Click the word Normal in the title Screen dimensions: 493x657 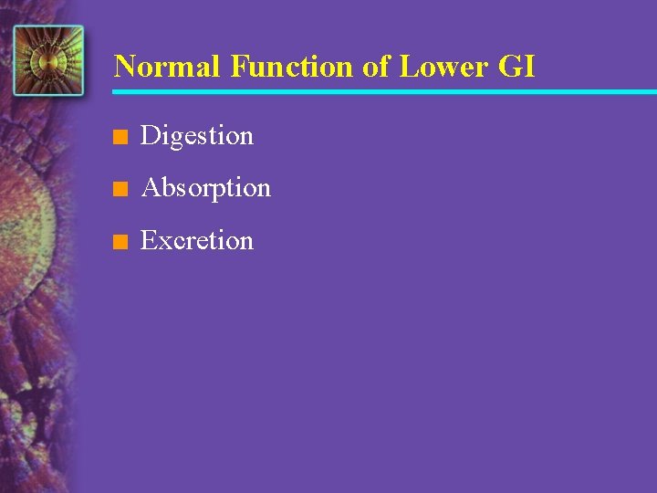[x=167, y=67]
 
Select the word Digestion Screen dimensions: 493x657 [x=197, y=137]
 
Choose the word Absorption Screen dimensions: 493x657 [x=206, y=189]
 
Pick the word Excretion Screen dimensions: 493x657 [x=197, y=241]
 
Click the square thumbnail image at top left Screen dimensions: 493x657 [x=48, y=60]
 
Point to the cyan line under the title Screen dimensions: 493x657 [x=383, y=91]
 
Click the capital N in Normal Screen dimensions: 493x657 [x=125, y=67]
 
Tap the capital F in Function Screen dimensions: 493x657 [x=239, y=67]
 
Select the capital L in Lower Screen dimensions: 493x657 [x=407, y=67]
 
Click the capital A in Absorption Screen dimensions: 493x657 [x=151, y=188]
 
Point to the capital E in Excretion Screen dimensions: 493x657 [x=149, y=241]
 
